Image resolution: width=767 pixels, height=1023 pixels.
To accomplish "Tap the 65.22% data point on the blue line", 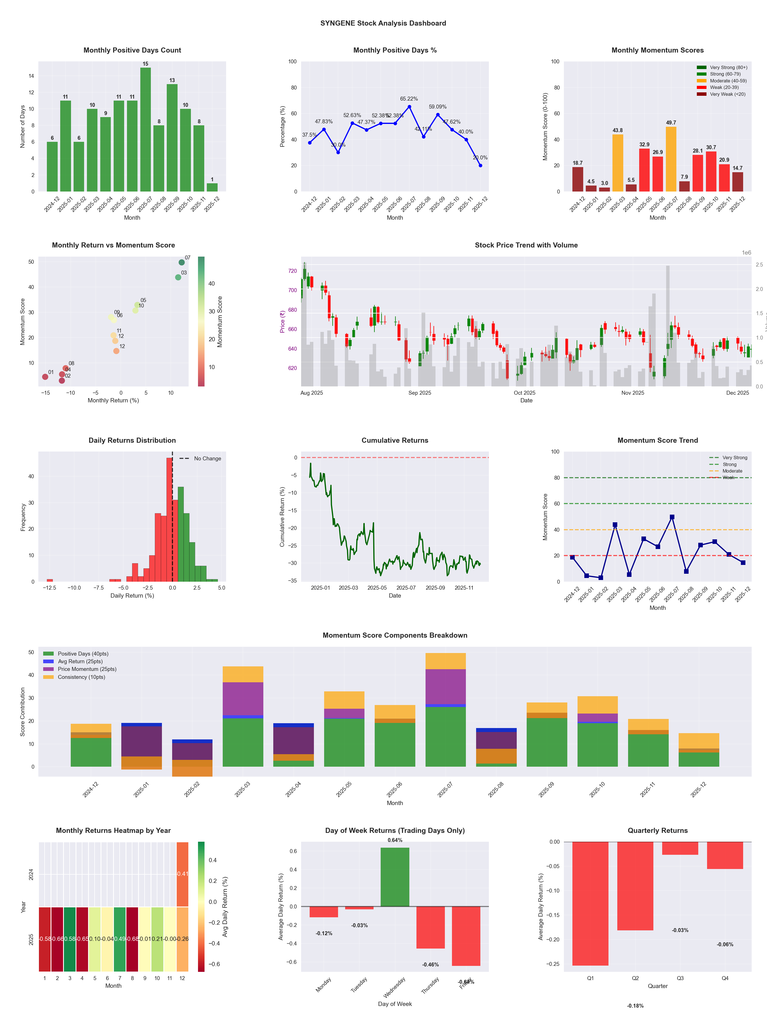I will click(x=409, y=107).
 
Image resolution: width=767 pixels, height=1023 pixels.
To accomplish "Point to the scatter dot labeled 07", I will click(x=182, y=262).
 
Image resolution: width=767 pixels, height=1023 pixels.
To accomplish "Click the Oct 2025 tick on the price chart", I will click(x=524, y=393).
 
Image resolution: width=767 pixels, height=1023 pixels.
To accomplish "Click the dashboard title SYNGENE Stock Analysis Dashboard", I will click(x=383, y=23).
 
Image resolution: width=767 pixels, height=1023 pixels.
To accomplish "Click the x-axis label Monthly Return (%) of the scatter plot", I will click(x=113, y=400).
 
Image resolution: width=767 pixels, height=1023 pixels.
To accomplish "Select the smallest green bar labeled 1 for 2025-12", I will click(x=212, y=187).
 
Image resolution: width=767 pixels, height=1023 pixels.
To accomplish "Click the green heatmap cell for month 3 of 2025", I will click(x=70, y=939).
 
